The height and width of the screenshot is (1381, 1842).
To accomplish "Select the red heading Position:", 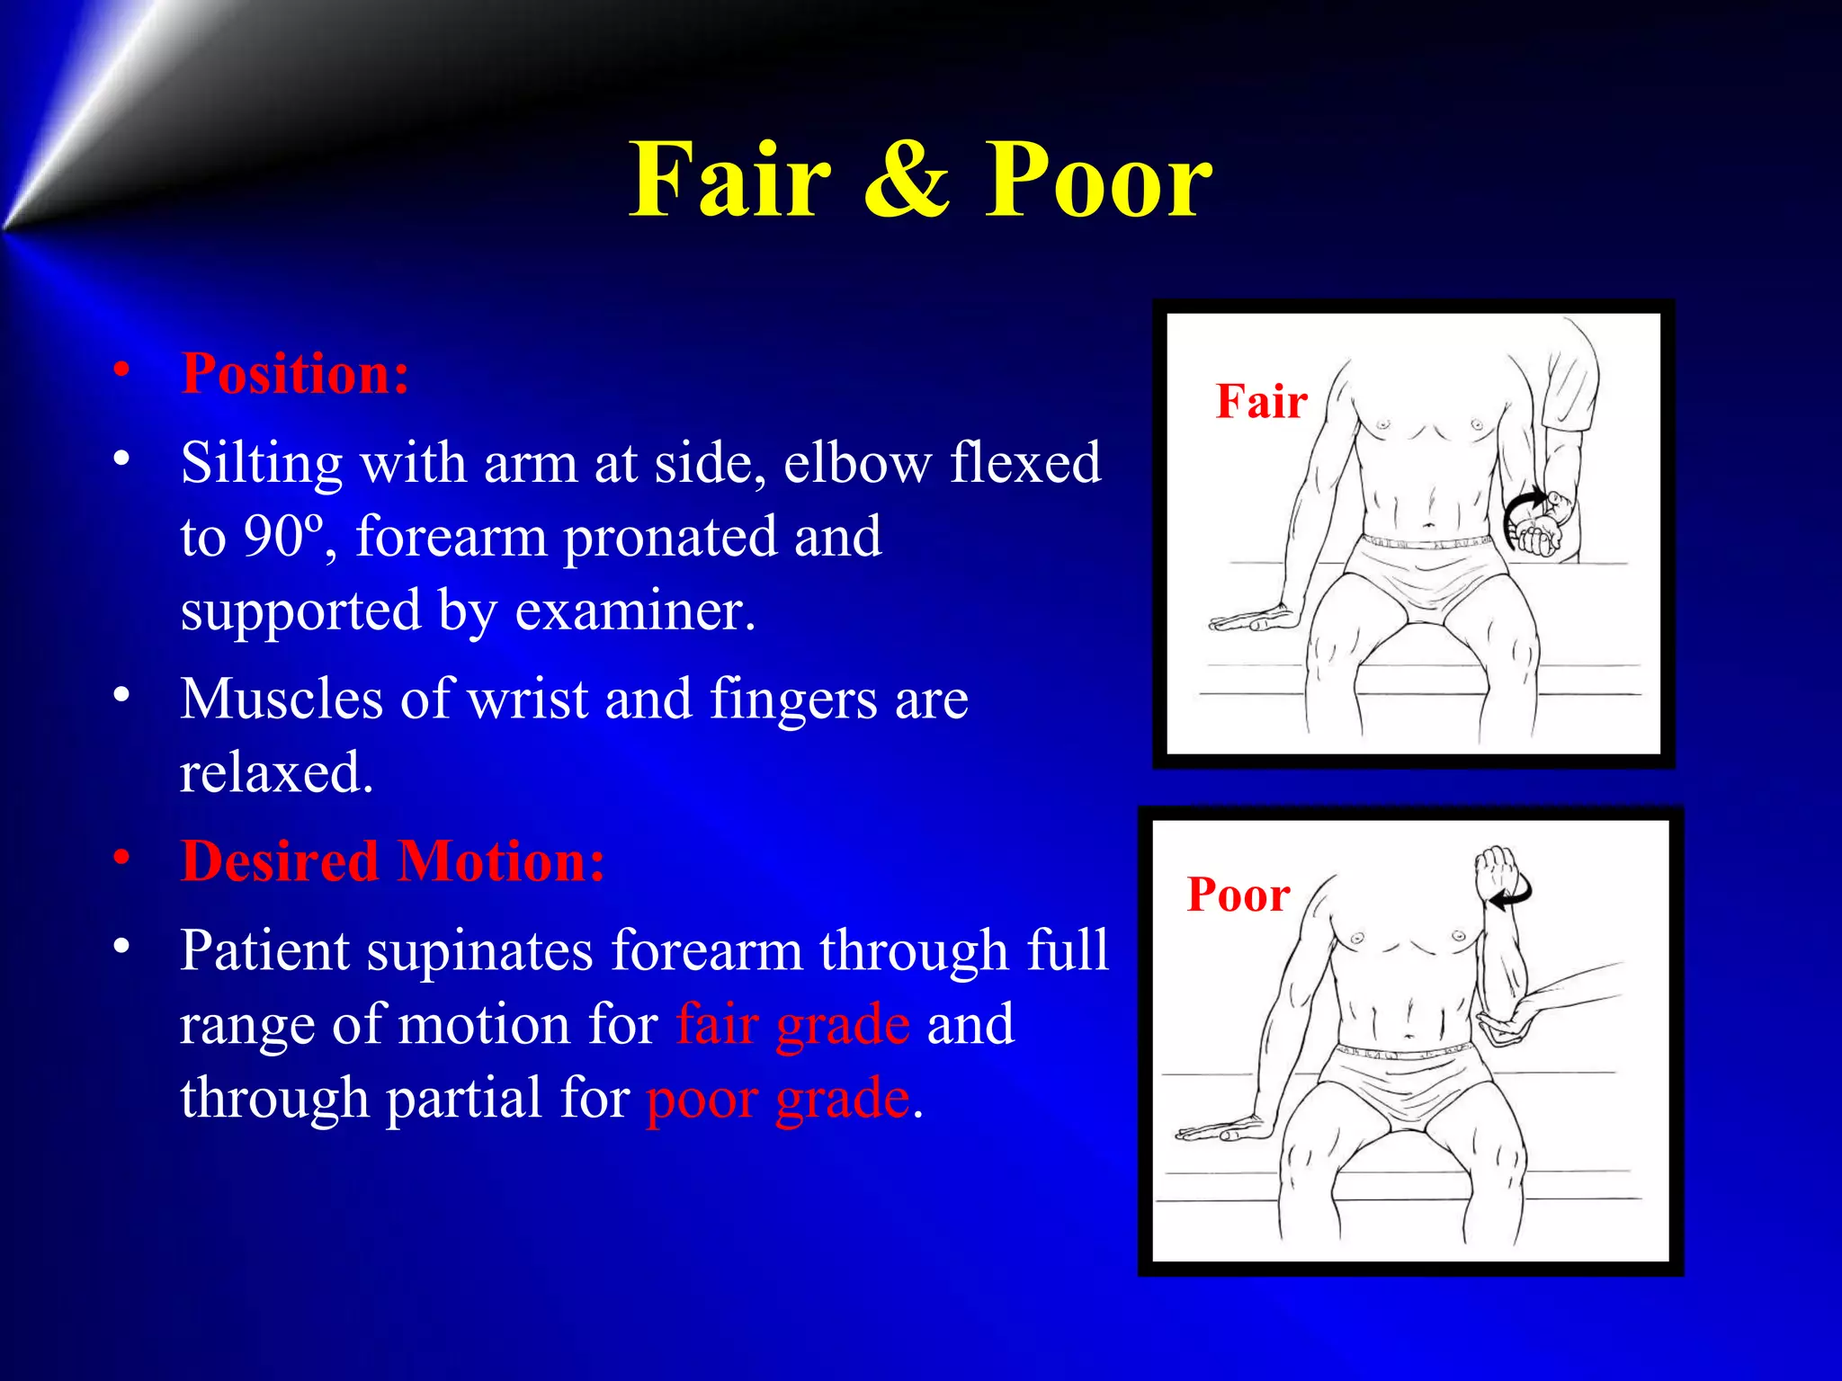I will [295, 373].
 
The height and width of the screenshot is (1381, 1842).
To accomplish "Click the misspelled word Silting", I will [261, 464].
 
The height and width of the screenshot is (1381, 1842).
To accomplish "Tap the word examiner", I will [633, 610].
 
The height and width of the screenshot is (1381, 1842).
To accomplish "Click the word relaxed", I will [275, 772].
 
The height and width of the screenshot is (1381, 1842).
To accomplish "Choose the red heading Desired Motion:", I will [392, 861].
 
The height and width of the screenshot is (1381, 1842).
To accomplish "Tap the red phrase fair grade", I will [792, 1025].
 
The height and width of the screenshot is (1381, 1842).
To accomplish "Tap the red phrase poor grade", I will [778, 1099].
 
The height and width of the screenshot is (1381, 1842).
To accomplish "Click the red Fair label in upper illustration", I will [1261, 401].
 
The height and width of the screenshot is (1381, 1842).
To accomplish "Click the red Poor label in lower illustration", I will [1238, 895].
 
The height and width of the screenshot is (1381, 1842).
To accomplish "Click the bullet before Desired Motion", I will [121, 859].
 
